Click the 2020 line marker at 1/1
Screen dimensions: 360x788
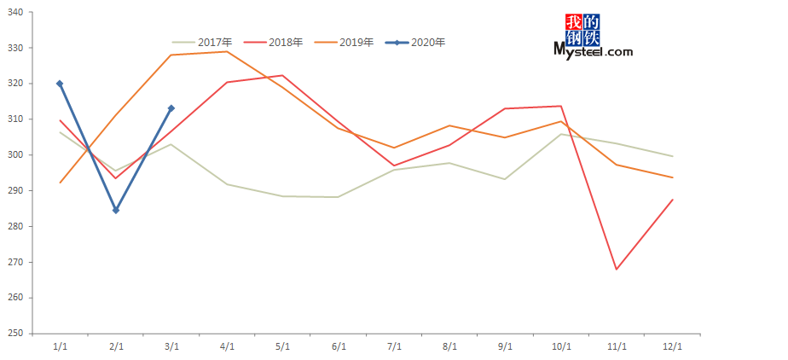coord(60,84)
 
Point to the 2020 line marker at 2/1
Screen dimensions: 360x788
coord(116,210)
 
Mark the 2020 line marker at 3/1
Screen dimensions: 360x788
coord(171,108)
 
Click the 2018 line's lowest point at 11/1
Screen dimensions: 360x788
coord(617,270)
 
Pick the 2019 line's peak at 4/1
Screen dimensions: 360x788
coord(227,51)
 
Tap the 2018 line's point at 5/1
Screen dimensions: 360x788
coord(282,75)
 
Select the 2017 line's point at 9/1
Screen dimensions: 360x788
coord(505,179)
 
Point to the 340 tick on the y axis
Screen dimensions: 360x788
coord(18,12)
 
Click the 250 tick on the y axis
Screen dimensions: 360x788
coord(18,334)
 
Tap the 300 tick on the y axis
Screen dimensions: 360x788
coord(18,155)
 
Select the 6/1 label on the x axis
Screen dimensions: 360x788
coord(339,346)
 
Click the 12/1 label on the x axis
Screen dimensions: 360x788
coord(672,346)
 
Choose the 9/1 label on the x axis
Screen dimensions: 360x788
coord(505,346)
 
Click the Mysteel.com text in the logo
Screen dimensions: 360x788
coord(594,52)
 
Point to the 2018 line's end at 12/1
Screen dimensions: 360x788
coord(673,200)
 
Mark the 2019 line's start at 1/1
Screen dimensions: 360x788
coord(60,183)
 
